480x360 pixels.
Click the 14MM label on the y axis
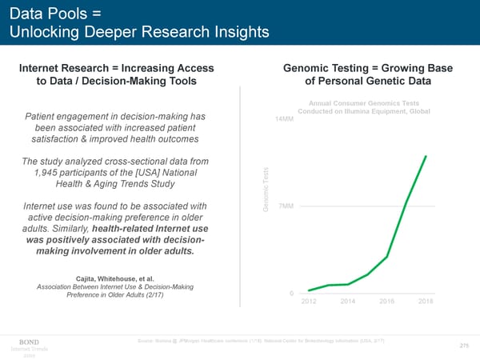click(284, 120)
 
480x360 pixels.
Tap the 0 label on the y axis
click(290, 292)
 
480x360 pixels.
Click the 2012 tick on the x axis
click(310, 301)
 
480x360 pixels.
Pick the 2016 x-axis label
click(387, 301)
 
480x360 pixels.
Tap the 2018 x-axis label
click(426, 301)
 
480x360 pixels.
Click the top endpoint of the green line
click(426, 156)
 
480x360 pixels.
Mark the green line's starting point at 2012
click(310, 290)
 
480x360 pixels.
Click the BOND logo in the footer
click(28, 341)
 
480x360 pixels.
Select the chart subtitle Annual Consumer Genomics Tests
click(364, 102)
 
